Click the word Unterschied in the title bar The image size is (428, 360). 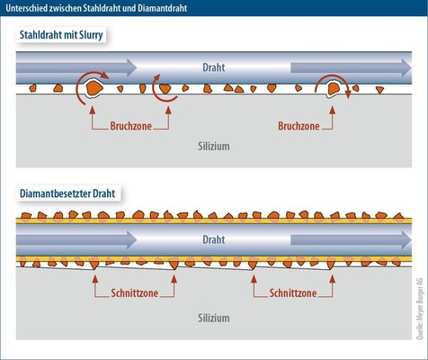tap(24, 8)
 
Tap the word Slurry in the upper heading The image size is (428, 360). tap(91, 35)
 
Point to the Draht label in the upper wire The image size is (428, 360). tap(214, 67)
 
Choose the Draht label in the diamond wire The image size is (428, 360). tap(214, 239)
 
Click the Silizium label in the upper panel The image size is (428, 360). tap(214, 147)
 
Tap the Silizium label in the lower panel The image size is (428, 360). tap(214, 318)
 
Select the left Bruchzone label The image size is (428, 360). tap(131, 126)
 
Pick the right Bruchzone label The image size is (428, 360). tap(299, 126)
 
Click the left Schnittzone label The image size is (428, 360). tap(135, 293)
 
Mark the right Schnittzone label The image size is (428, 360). tap(293, 293)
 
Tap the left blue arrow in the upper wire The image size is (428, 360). tap(76, 67)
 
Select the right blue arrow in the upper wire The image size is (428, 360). tap(351, 67)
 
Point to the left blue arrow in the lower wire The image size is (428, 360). tap(76, 239)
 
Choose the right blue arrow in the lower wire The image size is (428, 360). tap(351, 239)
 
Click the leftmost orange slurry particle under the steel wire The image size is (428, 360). tap(32, 88)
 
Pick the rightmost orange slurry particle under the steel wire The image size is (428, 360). tap(380, 90)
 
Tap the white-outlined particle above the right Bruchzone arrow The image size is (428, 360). tap(333, 89)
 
